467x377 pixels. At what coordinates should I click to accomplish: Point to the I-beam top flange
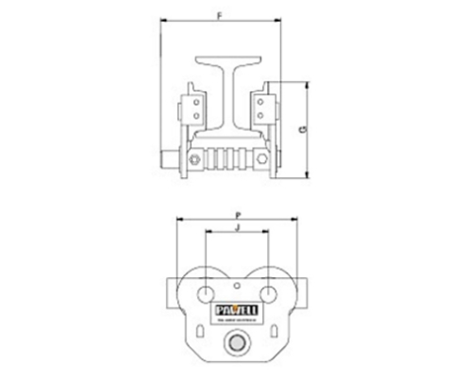coord(228,58)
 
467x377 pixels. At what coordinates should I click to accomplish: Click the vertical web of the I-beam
coord(228,99)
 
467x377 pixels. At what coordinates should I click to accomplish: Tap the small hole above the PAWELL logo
coord(235,287)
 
